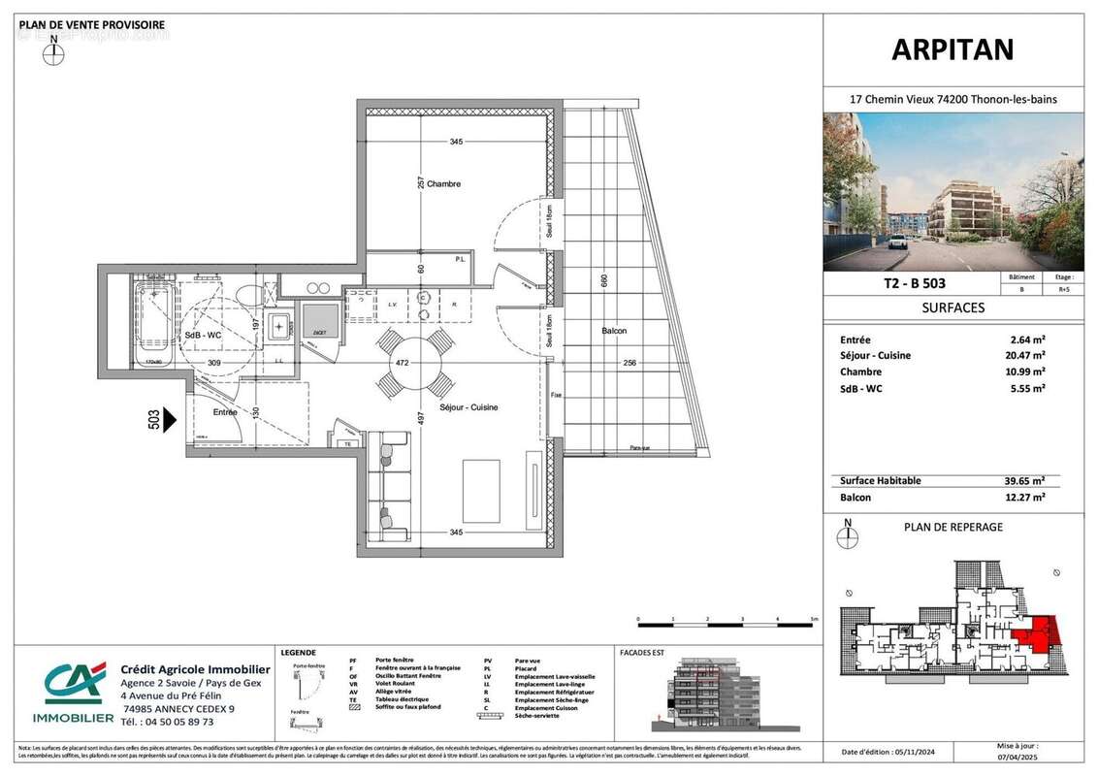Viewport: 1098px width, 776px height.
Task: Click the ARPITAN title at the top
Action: tap(953, 48)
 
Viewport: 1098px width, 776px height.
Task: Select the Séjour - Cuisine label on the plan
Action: tap(469, 407)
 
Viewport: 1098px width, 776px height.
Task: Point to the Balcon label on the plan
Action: tap(614, 331)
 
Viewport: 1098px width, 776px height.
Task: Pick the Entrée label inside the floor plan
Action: tap(225, 412)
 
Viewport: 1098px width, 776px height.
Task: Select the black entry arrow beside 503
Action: tap(171, 419)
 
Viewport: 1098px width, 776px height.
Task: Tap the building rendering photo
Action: tap(953, 191)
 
